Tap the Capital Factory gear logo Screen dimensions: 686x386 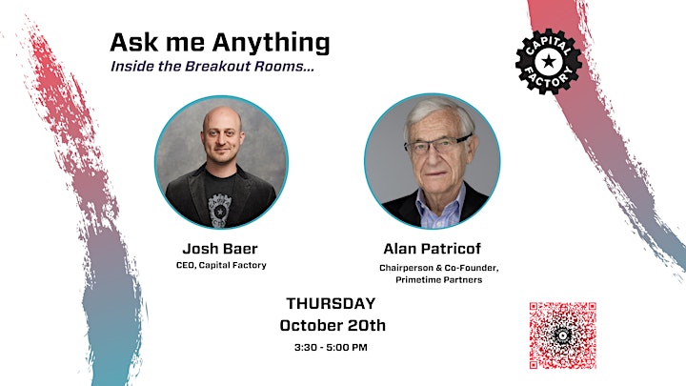(548, 62)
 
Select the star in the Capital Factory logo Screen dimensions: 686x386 (548, 61)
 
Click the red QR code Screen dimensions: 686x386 (563, 335)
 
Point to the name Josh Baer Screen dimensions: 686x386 (220, 249)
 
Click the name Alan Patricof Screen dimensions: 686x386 (433, 249)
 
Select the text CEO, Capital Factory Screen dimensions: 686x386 (221, 265)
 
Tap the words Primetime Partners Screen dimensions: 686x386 (439, 279)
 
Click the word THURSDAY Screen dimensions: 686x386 (331, 303)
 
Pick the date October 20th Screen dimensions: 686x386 (333, 325)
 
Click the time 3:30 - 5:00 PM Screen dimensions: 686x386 (331, 348)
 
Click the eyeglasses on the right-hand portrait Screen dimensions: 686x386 (438, 145)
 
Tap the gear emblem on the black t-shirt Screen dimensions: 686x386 (220, 210)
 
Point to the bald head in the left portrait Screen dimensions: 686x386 (222, 117)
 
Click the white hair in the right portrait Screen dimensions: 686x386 (437, 112)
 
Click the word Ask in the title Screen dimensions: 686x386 (128, 43)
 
